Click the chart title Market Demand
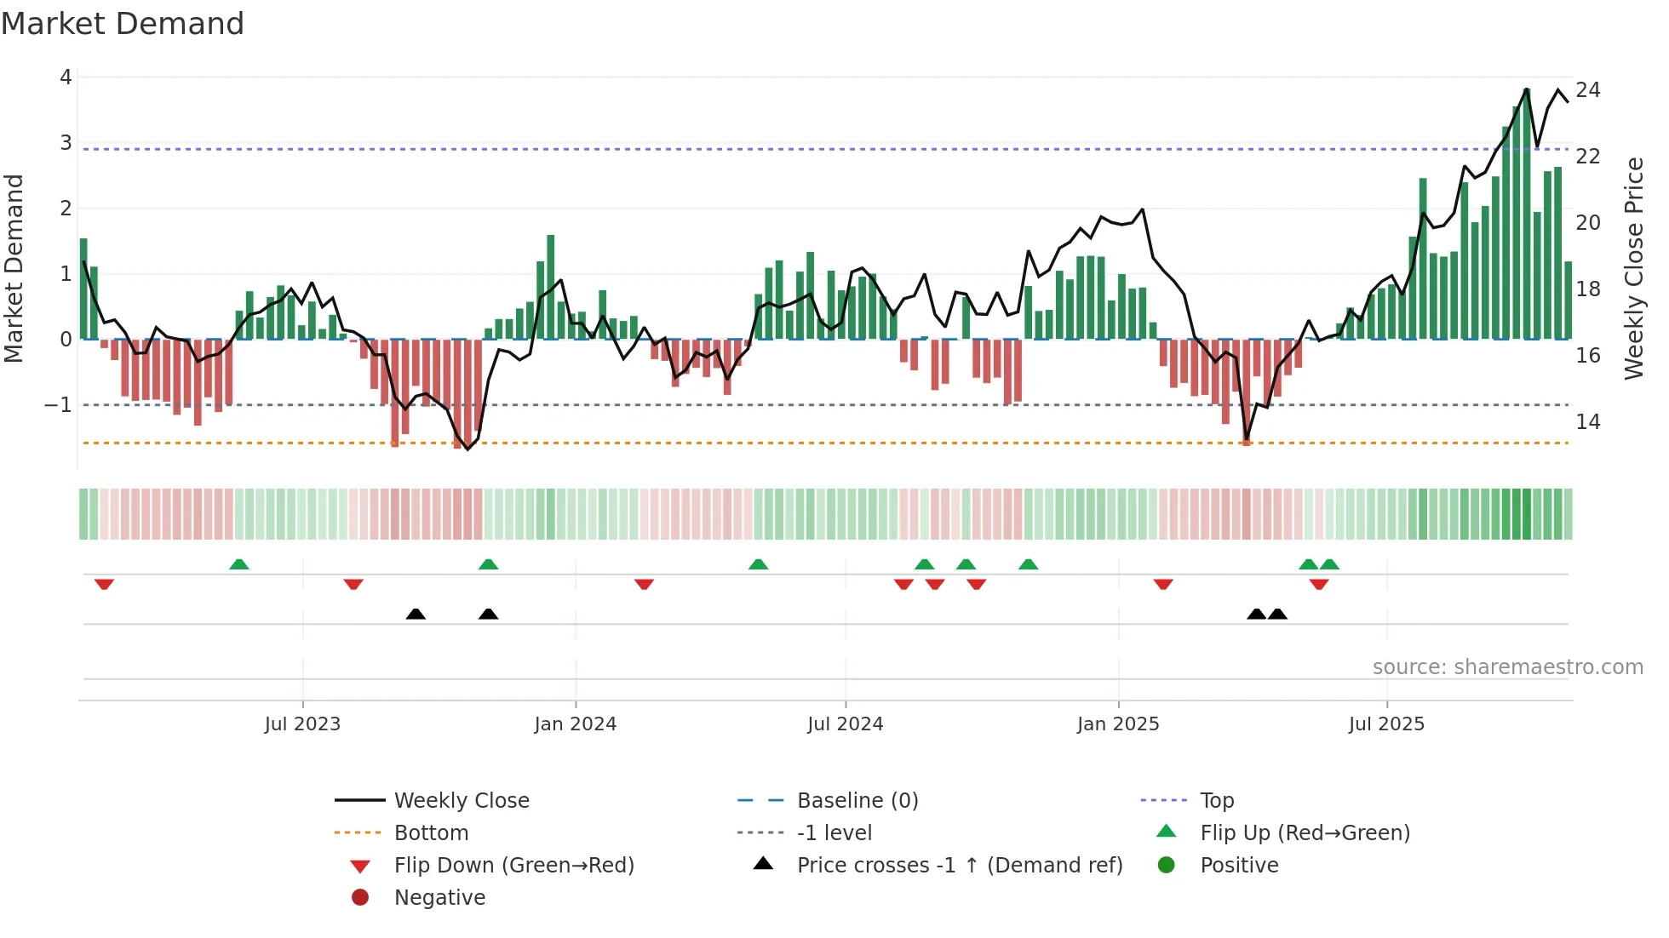point(123,24)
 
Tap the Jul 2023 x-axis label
point(302,724)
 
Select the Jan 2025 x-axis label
point(1117,724)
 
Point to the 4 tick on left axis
point(66,77)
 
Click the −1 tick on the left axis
point(59,405)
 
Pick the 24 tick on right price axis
point(1587,90)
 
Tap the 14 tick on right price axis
point(1587,422)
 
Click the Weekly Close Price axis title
point(1633,268)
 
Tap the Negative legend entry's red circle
point(360,898)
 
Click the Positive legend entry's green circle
point(1167,866)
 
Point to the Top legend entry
point(1217,801)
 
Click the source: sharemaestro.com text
point(1507,667)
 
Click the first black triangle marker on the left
point(416,615)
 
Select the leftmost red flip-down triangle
point(104,584)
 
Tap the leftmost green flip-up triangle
point(239,564)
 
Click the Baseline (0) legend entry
point(857,801)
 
